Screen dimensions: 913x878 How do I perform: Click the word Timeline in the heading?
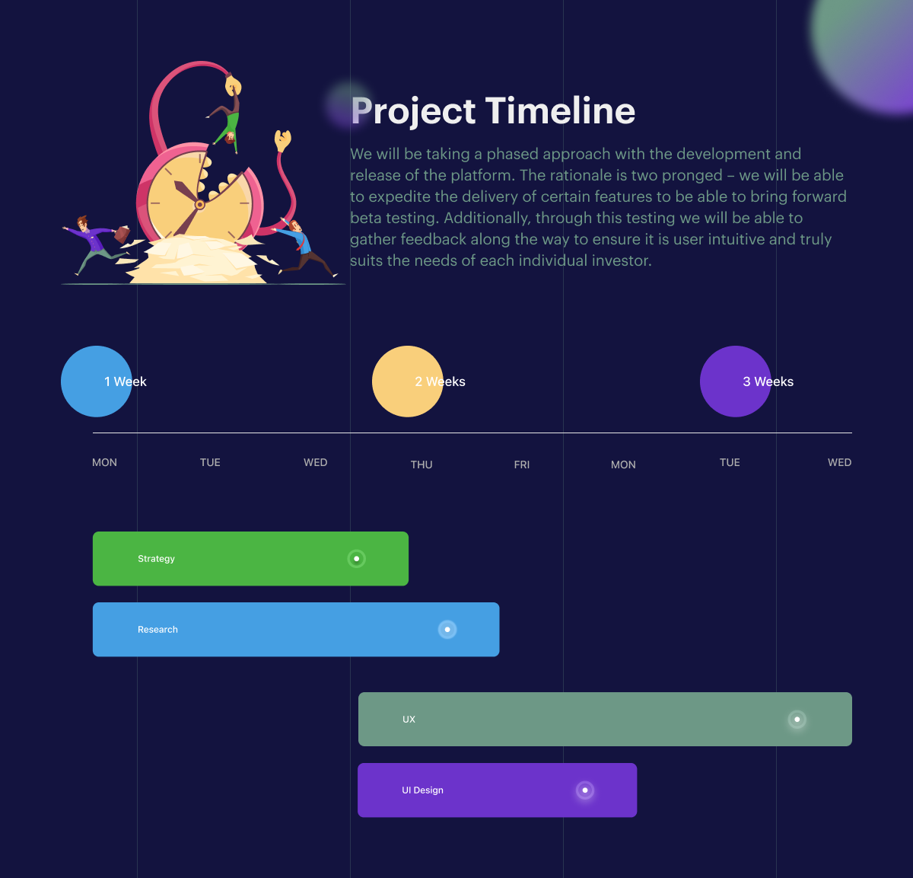pos(560,111)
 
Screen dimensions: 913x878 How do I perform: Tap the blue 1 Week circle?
pos(96,382)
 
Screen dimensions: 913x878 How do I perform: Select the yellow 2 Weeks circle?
pos(407,382)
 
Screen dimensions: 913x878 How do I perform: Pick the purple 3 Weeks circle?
pos(735,382)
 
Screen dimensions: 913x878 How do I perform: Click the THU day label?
pos(422,465)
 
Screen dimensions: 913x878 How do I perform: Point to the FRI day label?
pos(522,465)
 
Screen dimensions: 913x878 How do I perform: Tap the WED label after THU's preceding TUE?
pos(315,462)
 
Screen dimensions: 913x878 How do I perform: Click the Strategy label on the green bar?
pos(156,559)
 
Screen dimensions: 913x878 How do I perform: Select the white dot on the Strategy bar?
pos(357,559)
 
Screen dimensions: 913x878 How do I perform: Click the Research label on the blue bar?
pos(157,630)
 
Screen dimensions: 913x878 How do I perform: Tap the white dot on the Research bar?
pos(447,630)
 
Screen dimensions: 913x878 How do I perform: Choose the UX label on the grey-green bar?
pos(409,720)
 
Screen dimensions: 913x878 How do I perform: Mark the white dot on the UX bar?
pos(797,720)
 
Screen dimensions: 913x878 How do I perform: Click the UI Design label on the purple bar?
pos(422,790)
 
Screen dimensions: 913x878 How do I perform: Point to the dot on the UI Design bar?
pos(585,790)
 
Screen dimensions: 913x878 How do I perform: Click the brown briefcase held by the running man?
pos(122,234)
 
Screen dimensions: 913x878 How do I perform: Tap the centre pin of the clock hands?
pos(200,205)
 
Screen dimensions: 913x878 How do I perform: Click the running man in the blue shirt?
pos(303,247)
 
